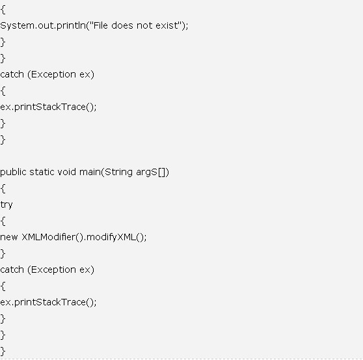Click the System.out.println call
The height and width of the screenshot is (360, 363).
pyautogui.click(x=43, y=25)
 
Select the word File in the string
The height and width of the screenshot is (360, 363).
pyautogui.click(x=100, y=25)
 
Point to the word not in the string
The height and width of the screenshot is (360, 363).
pyautogui.click(x=144, y=25)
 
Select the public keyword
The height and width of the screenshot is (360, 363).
pyautogui.click(x=13, y=172)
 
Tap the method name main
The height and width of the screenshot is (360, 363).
pyautogui.click(x=90, y=172)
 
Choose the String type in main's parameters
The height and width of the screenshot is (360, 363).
pyautogui.click(x=118, y=173)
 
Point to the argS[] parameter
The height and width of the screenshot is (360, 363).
pyautogui.click(x=151, y=173)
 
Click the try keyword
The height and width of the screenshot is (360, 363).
pyautogui.click(x=7, y=205)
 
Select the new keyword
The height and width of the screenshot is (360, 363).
pyautogui.click(x=9, y=237)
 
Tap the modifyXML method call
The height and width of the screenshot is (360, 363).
pyautogui.click(x=111, y=238)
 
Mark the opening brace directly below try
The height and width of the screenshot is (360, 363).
pyautogui.click(x=3, y=221)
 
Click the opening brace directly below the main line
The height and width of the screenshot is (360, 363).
pyautogui.click(x=3, y=189)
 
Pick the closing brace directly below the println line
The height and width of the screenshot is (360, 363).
pyautogui.click(x=3, y=42)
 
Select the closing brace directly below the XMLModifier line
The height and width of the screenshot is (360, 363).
pyautogui.click(x=3, y=254)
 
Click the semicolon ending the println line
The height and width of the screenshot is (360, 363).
pyautogui.click(x=187, y=27)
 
